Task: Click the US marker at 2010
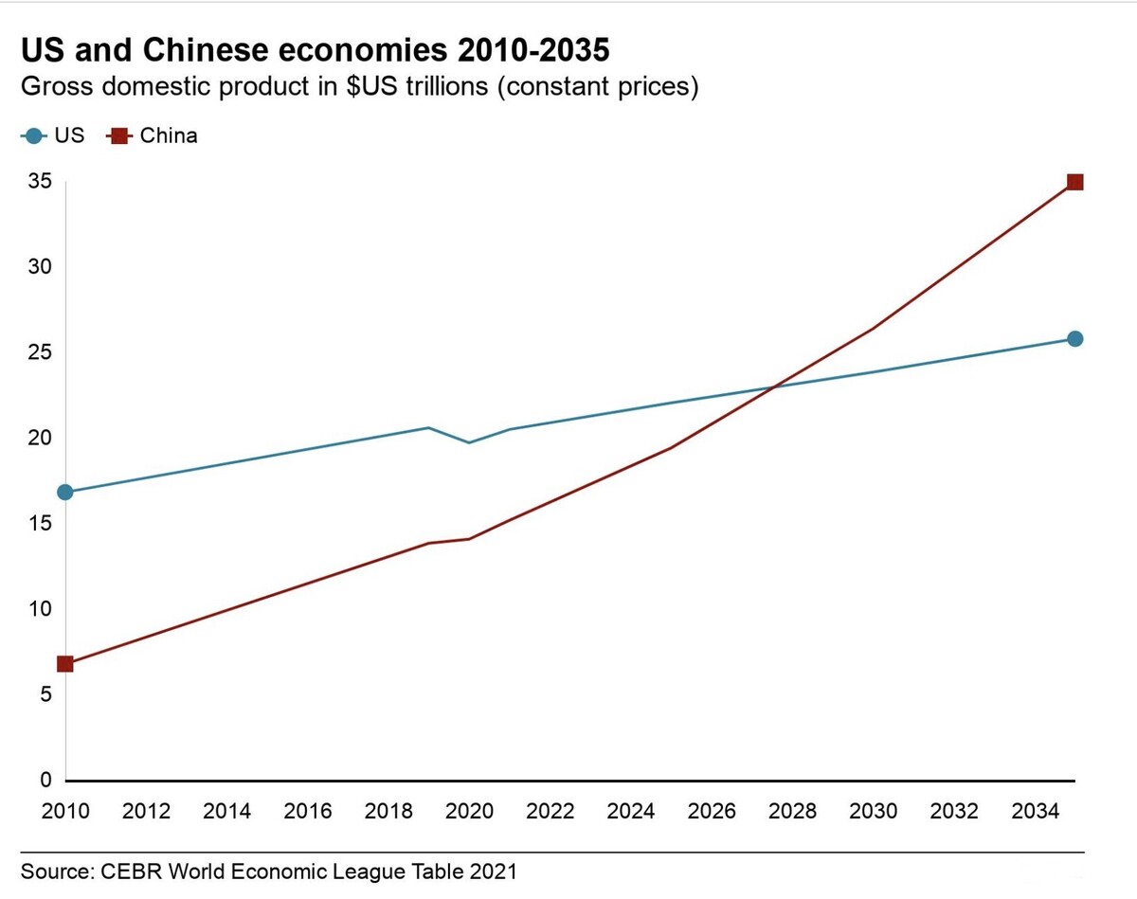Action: [64, 492]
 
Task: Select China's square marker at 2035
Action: [1074, 182]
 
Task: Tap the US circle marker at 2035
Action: [1074, 339]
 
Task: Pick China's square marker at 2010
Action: [64, 663]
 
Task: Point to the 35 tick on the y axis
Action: [39, 182]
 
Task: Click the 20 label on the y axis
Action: [39, 439]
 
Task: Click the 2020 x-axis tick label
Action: [469, 811]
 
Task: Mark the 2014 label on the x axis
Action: [226, 811]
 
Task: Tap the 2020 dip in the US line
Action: [469, 442]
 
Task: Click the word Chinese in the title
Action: [215, 49]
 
